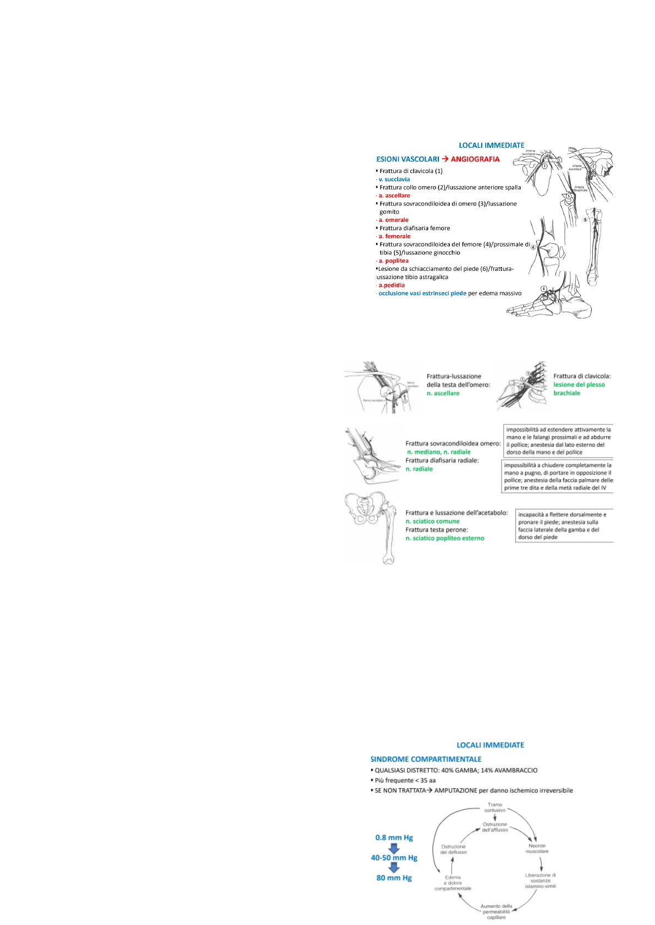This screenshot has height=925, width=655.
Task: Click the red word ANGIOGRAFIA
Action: [x=475, y=159]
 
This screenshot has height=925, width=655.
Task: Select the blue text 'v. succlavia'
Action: [x=394, y=179]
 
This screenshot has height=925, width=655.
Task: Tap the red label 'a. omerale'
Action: [x=393, y=220]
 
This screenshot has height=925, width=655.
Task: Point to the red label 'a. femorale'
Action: [x=394, y=236]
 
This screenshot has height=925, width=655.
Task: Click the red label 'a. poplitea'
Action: [x=393, y=261]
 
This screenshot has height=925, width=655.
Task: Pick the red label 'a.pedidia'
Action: [x=392, y=285]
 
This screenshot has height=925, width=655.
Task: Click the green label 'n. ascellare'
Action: [x=443, y=393]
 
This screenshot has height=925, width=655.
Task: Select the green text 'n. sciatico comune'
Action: [x=432, y=521]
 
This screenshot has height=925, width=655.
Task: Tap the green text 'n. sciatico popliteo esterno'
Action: [x=445, y=538]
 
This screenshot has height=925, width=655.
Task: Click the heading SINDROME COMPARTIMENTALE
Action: [x=426, y=759]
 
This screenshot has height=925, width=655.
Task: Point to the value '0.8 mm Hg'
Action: [x=394, y=838]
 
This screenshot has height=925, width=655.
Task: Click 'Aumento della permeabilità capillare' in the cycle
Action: [x=497, y=911]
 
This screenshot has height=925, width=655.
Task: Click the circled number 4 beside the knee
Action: [x=533, y=247]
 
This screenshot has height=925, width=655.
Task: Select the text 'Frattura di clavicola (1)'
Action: [x=411, y=171]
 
